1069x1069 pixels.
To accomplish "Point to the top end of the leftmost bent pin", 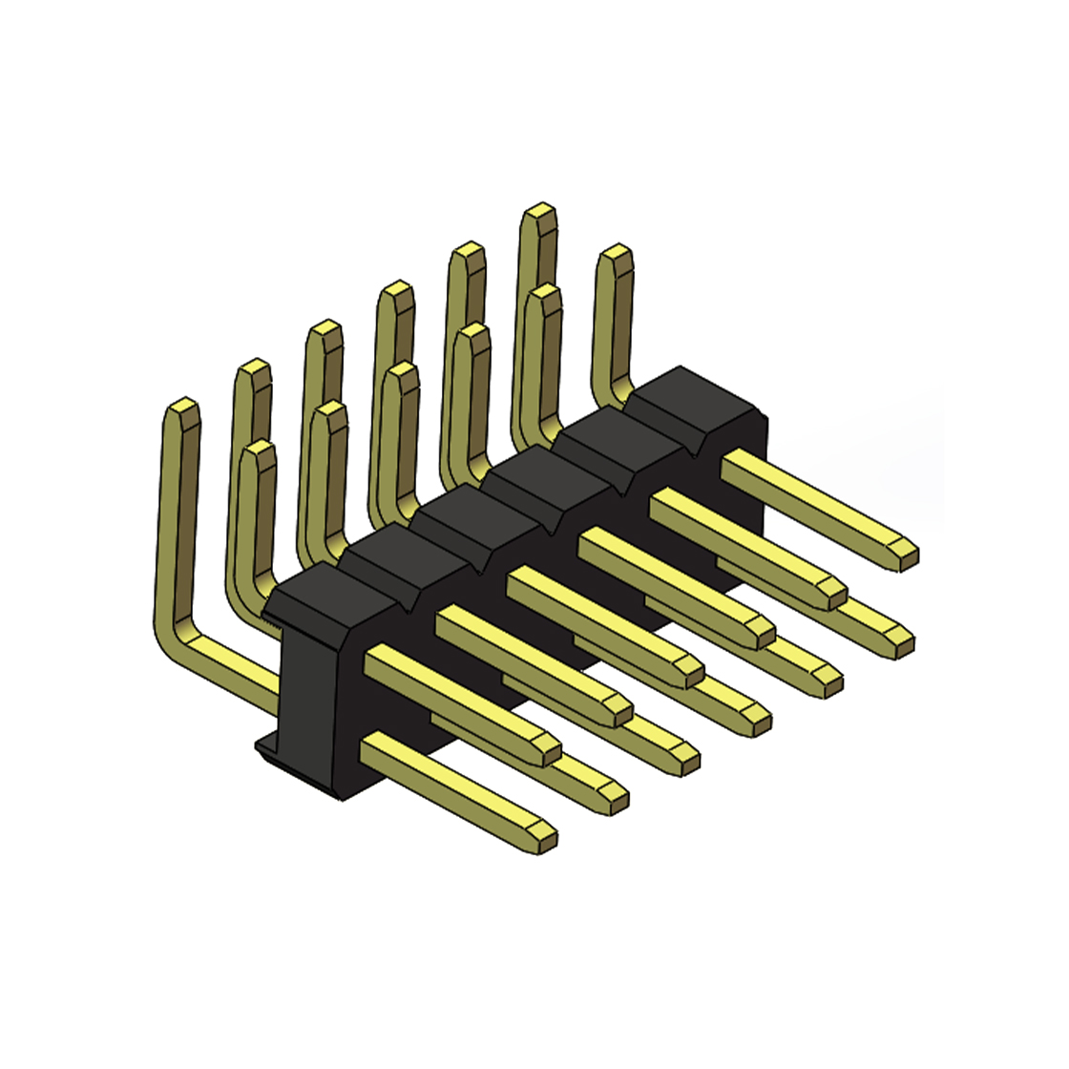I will [x=182, y=410].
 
